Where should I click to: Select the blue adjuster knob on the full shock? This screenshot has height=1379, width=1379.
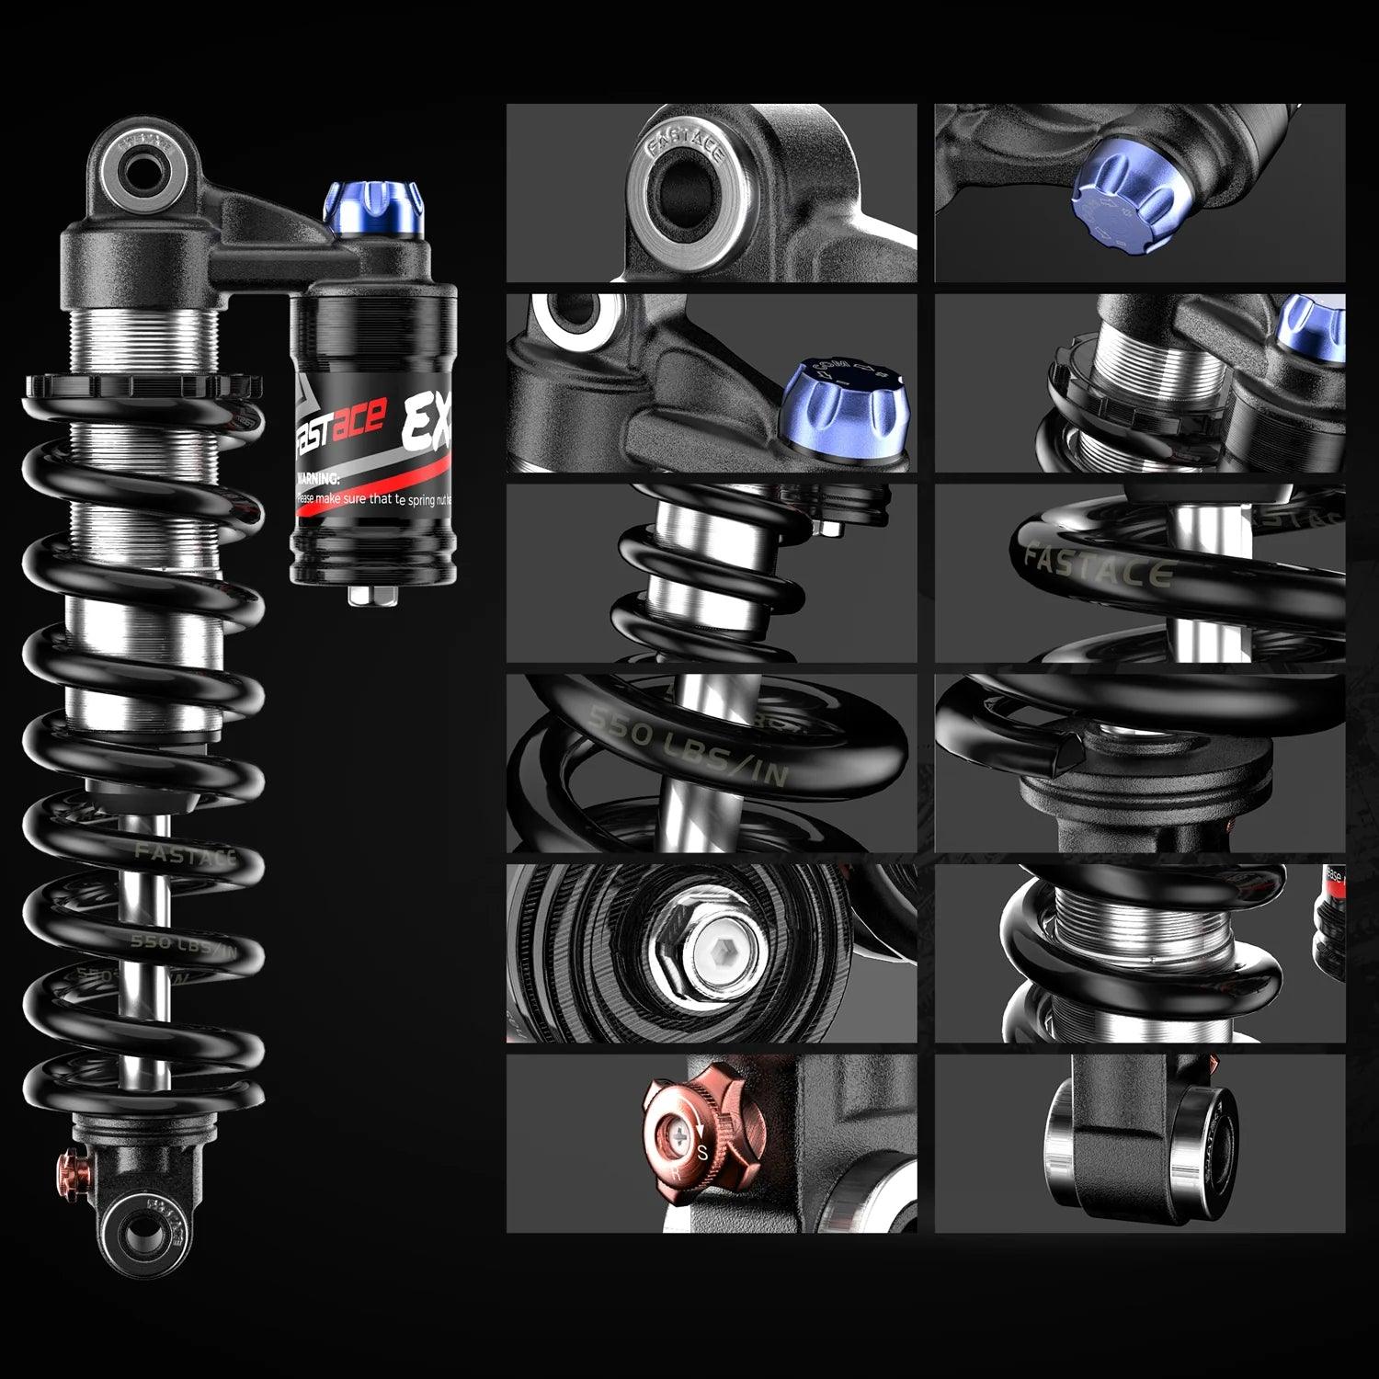click(375, 210)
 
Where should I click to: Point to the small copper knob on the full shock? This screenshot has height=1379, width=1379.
click(72, 1170)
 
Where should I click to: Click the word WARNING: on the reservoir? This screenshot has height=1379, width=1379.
click(318, 479)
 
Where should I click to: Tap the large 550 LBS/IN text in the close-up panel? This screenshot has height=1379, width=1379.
click(689, 746)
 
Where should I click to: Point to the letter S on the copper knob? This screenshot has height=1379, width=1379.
click(703, 1153)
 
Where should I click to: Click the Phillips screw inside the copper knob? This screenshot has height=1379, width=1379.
click(678, 1136)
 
